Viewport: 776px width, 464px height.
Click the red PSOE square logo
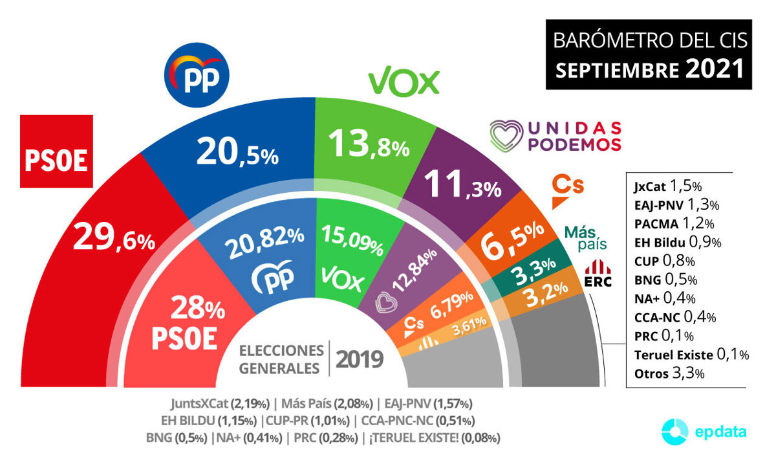pyautogui.click(x=57, y=151)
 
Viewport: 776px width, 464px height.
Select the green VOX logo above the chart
pyautogui.click(x=404, y=82)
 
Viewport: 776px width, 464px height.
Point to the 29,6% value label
pyautogui.click(x=114, y=238)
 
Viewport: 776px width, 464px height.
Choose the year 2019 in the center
pyautogui.click(x=359, y=359)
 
